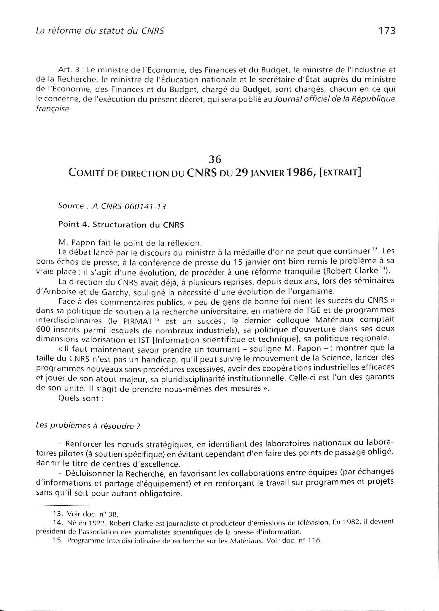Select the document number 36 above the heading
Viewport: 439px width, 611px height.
pos(215,159)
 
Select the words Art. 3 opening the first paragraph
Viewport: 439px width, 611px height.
pos(67,71)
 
